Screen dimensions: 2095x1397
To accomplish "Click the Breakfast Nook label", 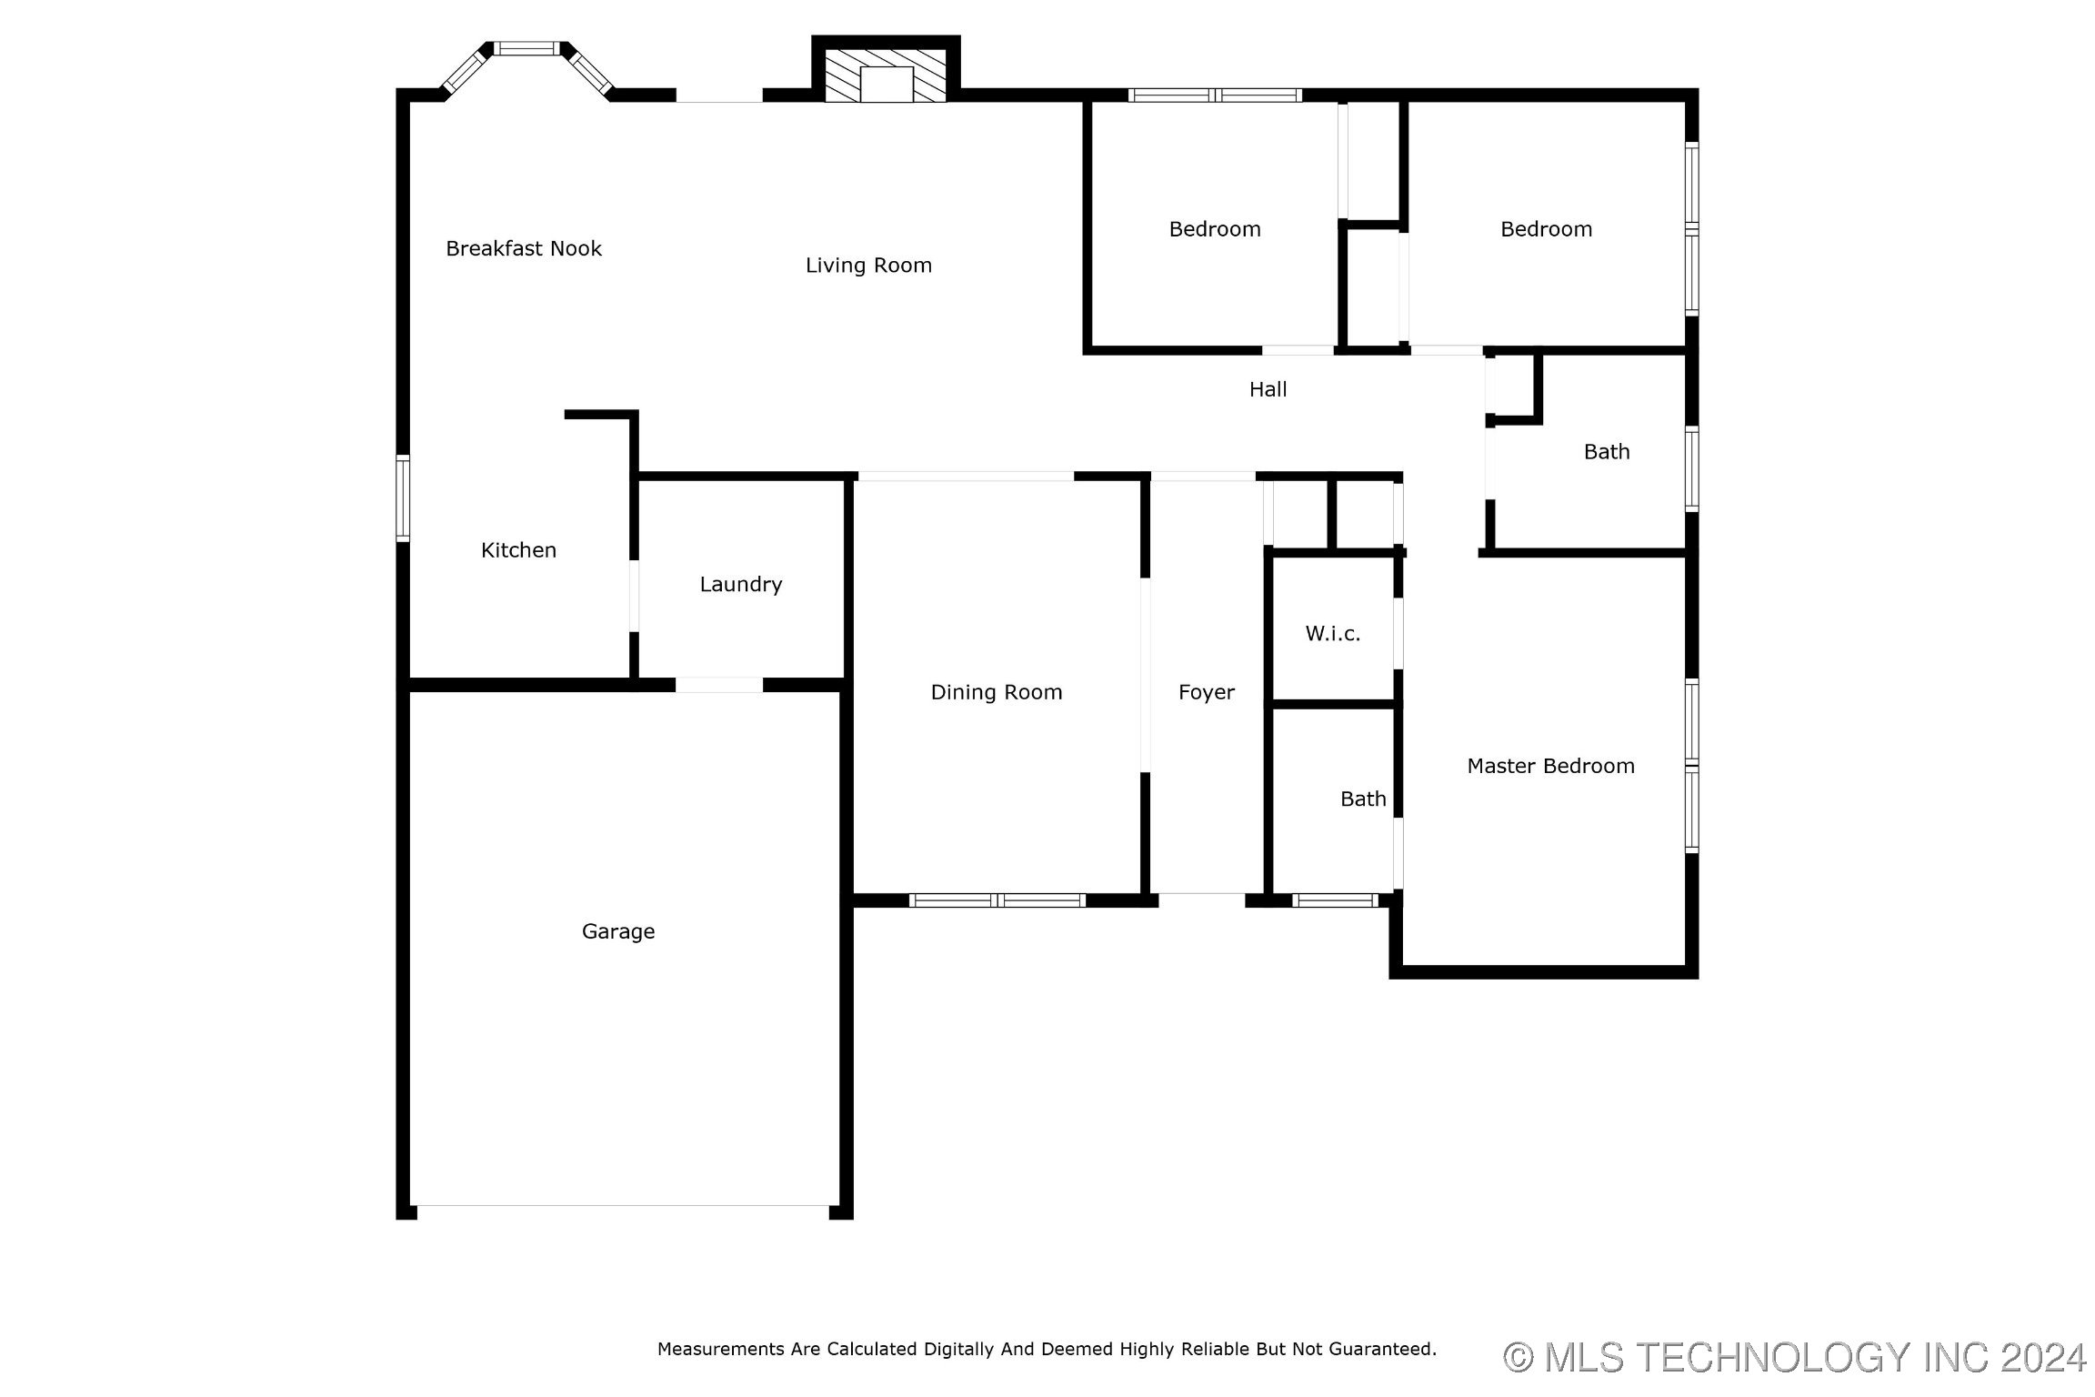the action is click(x=524, y=248).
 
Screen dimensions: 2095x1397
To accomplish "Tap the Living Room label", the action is click(x=868, y=266).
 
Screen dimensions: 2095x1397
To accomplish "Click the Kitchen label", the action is click(x=518, y=550).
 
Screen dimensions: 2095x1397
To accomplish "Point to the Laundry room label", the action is click(x=741, y=585).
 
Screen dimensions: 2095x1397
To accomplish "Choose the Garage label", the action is click(x=618, y=931).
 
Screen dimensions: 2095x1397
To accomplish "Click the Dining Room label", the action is click(x=997, y=692).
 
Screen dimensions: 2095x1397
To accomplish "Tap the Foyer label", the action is click(x=1207, y=693).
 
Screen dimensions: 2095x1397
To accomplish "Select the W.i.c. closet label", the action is click(x=1333, y=634).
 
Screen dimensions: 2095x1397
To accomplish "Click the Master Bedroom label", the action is click(x=1551, y=766).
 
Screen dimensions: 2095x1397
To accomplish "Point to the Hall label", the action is click(x=1268, y=389).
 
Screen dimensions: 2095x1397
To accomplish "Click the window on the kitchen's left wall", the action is click(x=402, y=498).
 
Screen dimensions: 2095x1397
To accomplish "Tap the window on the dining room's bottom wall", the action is click(x=997, y=900).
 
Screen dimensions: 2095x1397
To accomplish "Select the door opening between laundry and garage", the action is click(x=718, y=685).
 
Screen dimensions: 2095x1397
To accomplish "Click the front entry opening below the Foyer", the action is click(x=1201, y=900).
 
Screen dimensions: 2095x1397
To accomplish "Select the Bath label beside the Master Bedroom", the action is click(x=1363, y=799).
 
